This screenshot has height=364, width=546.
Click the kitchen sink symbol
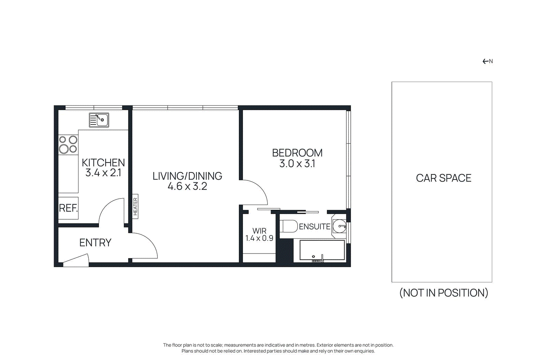coord(99,120)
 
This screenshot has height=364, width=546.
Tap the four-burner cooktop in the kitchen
coord(68,144)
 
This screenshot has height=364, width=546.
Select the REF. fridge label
coord(68,208)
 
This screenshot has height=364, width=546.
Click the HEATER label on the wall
coord(135,206)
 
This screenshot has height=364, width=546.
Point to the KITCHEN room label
coord(103,162)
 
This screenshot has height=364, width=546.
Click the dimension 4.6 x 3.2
coord(187,186)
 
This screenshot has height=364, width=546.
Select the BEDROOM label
coord(297,153)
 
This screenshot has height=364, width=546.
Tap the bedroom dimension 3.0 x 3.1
coord(297,164)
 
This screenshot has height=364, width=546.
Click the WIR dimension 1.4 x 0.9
coord(259,238)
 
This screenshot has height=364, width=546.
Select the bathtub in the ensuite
coord(322,250)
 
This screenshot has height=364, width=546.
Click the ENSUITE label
coord(314,227)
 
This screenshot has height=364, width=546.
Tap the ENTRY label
coord(95,243)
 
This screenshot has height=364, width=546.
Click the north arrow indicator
coord(487,61)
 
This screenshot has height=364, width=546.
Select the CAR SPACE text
coord(443,178)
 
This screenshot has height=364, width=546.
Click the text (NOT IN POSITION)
coord(443,293)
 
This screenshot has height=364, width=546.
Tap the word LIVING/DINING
coord(187,176)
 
